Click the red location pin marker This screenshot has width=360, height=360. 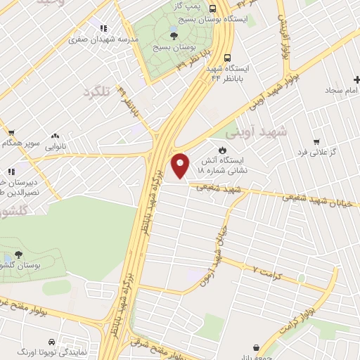coord(181,165)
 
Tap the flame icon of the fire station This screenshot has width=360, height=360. coord(223,150)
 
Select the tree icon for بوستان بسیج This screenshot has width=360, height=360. coord(173,34)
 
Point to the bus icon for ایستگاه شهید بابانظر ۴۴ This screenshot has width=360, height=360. coord(227,58)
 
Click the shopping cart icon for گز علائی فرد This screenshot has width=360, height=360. coord(316,141)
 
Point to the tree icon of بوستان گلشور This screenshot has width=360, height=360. coord(18,256)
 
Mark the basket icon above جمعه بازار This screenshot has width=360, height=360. coord(255,347)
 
